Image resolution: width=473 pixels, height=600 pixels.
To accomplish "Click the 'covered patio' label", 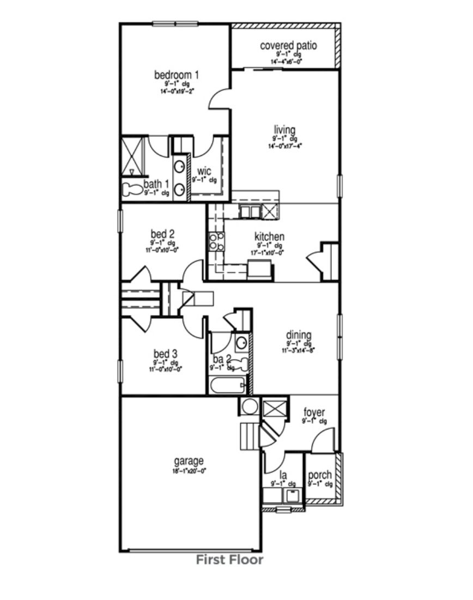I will click(x=288, y=45).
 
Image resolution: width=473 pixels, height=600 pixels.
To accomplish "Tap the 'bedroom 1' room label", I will click(x=177, y=75).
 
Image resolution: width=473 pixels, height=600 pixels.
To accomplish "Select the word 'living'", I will click(x=284, y=130).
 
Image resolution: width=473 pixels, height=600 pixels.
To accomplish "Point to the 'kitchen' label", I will click(x=269, y=237).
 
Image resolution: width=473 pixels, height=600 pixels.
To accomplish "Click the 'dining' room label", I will click(x=299, y=335).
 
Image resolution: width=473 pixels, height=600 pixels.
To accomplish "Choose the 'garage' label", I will click(x=189, y=461).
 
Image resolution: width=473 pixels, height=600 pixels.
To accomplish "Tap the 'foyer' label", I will click(x=314, y=413).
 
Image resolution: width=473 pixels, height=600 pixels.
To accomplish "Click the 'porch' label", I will click(x=319, y=475).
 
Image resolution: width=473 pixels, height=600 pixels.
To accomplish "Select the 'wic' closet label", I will click(x=204, y=172).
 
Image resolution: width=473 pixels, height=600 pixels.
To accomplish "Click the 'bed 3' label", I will click(x=165, y=354).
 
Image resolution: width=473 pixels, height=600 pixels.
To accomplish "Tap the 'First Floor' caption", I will click(x=229, y=560).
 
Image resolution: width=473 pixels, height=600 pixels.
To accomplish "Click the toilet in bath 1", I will click(x=131, y=190).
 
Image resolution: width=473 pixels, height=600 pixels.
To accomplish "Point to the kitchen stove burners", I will click(x=216, y=241).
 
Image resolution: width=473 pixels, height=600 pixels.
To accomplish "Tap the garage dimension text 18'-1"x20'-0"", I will click(x=189, y=471).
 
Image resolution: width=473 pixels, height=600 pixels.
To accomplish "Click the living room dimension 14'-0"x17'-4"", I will click(x=284, y=146).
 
